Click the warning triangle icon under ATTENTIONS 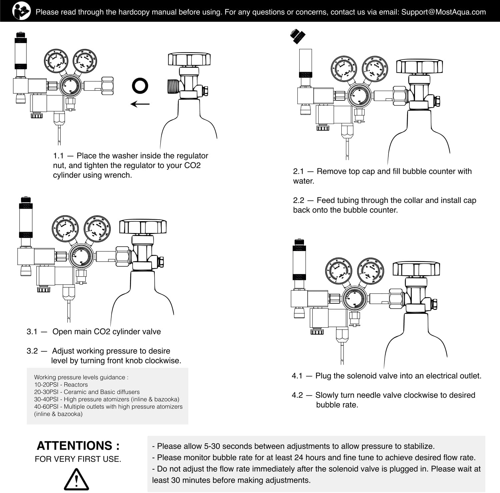point(76,479)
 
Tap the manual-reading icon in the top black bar point(22,11)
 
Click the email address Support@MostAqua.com point(443,12)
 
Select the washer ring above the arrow point(140,86)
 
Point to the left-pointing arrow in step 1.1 point(140,104)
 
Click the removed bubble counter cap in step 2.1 point(298,36)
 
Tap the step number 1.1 point(58,156)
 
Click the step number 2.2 point(299,200)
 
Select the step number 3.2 point(32,351)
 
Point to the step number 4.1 point(297,376)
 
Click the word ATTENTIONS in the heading point(74,446)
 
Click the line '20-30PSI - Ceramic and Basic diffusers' point(87,392)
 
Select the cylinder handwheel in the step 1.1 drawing point(189,59)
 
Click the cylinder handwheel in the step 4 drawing point(416,269)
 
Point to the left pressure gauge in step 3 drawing point(65,229)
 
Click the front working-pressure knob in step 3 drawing point(80,257)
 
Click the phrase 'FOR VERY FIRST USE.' point(78,459)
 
